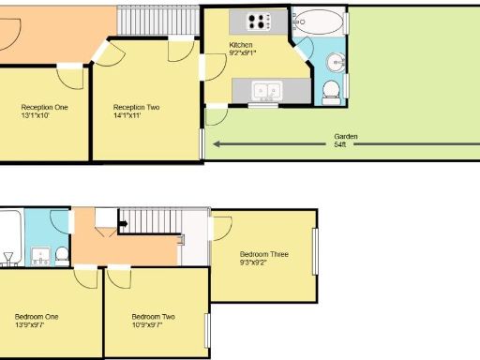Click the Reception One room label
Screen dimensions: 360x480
point(44,108)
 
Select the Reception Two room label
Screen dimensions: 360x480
point(136,108)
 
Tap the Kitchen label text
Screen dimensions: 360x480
point(242,45)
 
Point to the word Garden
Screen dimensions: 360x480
point(345,137)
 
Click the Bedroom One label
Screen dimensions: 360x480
point(37,317)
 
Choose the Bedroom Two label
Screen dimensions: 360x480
point(153,317)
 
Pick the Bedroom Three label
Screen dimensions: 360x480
point(263,254)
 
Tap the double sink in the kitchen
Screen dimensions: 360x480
point(268,91)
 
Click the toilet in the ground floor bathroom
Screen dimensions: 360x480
point(330,92)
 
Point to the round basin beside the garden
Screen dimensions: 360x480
point(335,63)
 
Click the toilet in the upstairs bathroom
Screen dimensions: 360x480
point(61,253)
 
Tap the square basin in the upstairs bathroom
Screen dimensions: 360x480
point(41,254)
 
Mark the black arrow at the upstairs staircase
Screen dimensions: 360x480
point(121,225)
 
